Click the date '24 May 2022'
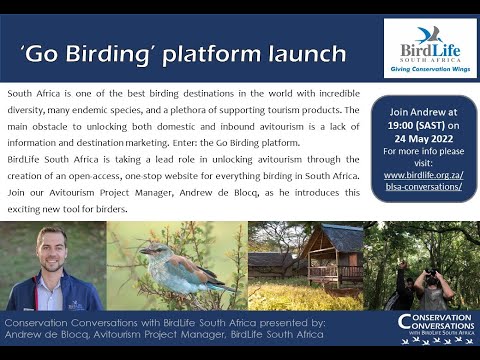coord(422,139)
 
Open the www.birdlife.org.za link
coord(422,175)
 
